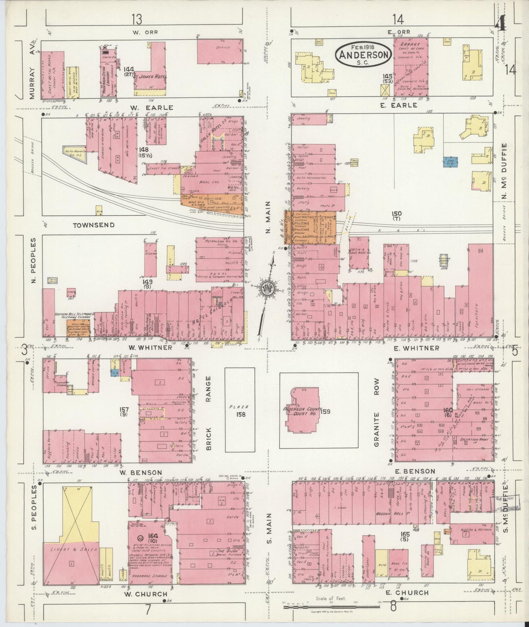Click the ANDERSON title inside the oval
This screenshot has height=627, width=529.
pyautogui.click(x=364, y=55)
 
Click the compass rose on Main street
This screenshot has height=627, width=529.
pyautogui.click(x=267, y=288)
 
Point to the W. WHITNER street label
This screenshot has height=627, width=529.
pyautogui.click(x=150, y=348)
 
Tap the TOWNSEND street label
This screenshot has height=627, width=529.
pyautogui.click(x=93, y=225)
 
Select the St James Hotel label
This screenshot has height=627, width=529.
pyautogui.click(x=150, y=76)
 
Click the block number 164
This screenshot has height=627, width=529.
pyautogui.click(x=153, y=536)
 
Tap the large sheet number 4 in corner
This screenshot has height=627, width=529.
pyautogui.click(x=500, y=25)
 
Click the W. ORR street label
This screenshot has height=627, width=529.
pyautogui.click(x=145, y=32)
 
